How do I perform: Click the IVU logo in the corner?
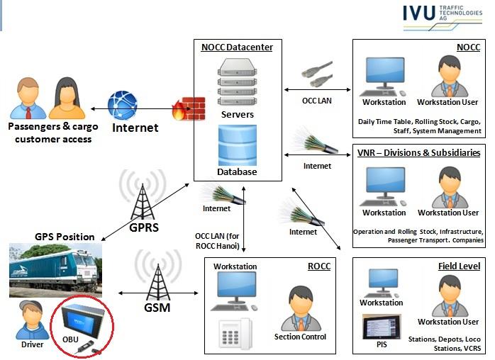click(x=443, y=17)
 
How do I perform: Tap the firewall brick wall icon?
click(x=189, y=108)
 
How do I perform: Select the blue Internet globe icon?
click(x=122, y=106)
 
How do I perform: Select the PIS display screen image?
click(x=382, y=327)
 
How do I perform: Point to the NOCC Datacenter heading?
click(x=238, y=47)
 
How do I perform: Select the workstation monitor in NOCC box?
click(x=383, y=75)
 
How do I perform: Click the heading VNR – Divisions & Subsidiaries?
click(x=421, y=152)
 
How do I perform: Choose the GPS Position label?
click(x=65, y=237)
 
